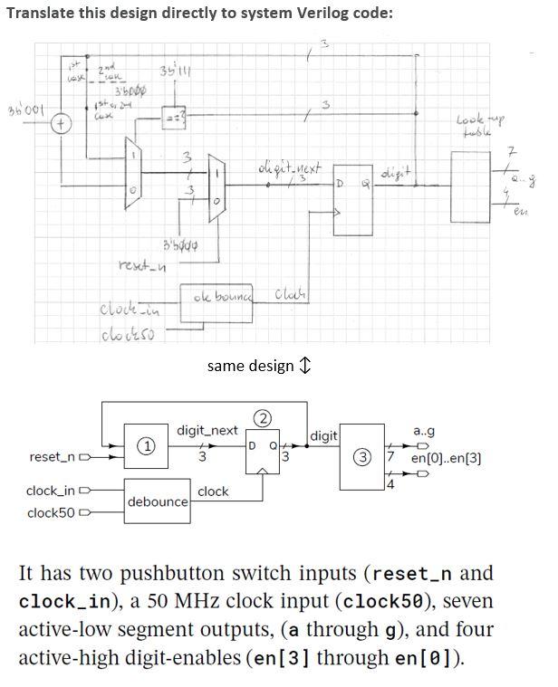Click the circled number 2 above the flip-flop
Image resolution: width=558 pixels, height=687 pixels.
click(264, 418)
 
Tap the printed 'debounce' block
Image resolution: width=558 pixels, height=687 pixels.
click(158, 501)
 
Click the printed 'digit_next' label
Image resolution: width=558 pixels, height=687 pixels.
click(207, 431)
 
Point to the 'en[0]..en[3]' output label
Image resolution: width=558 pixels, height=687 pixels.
click(446, 458)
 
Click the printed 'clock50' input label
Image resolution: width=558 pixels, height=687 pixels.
click(51, 513)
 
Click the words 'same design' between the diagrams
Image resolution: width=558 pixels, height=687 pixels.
click(250, 366)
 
